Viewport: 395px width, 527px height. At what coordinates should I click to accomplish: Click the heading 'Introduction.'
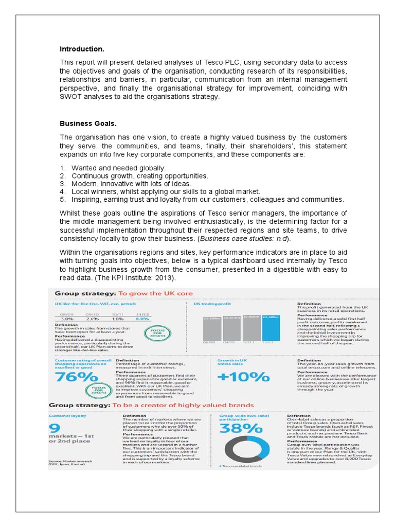click(82, 49)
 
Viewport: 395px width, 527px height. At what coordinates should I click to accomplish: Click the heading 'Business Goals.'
click(88, 124)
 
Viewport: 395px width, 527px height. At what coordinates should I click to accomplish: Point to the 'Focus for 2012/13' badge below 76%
click(96, 389)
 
